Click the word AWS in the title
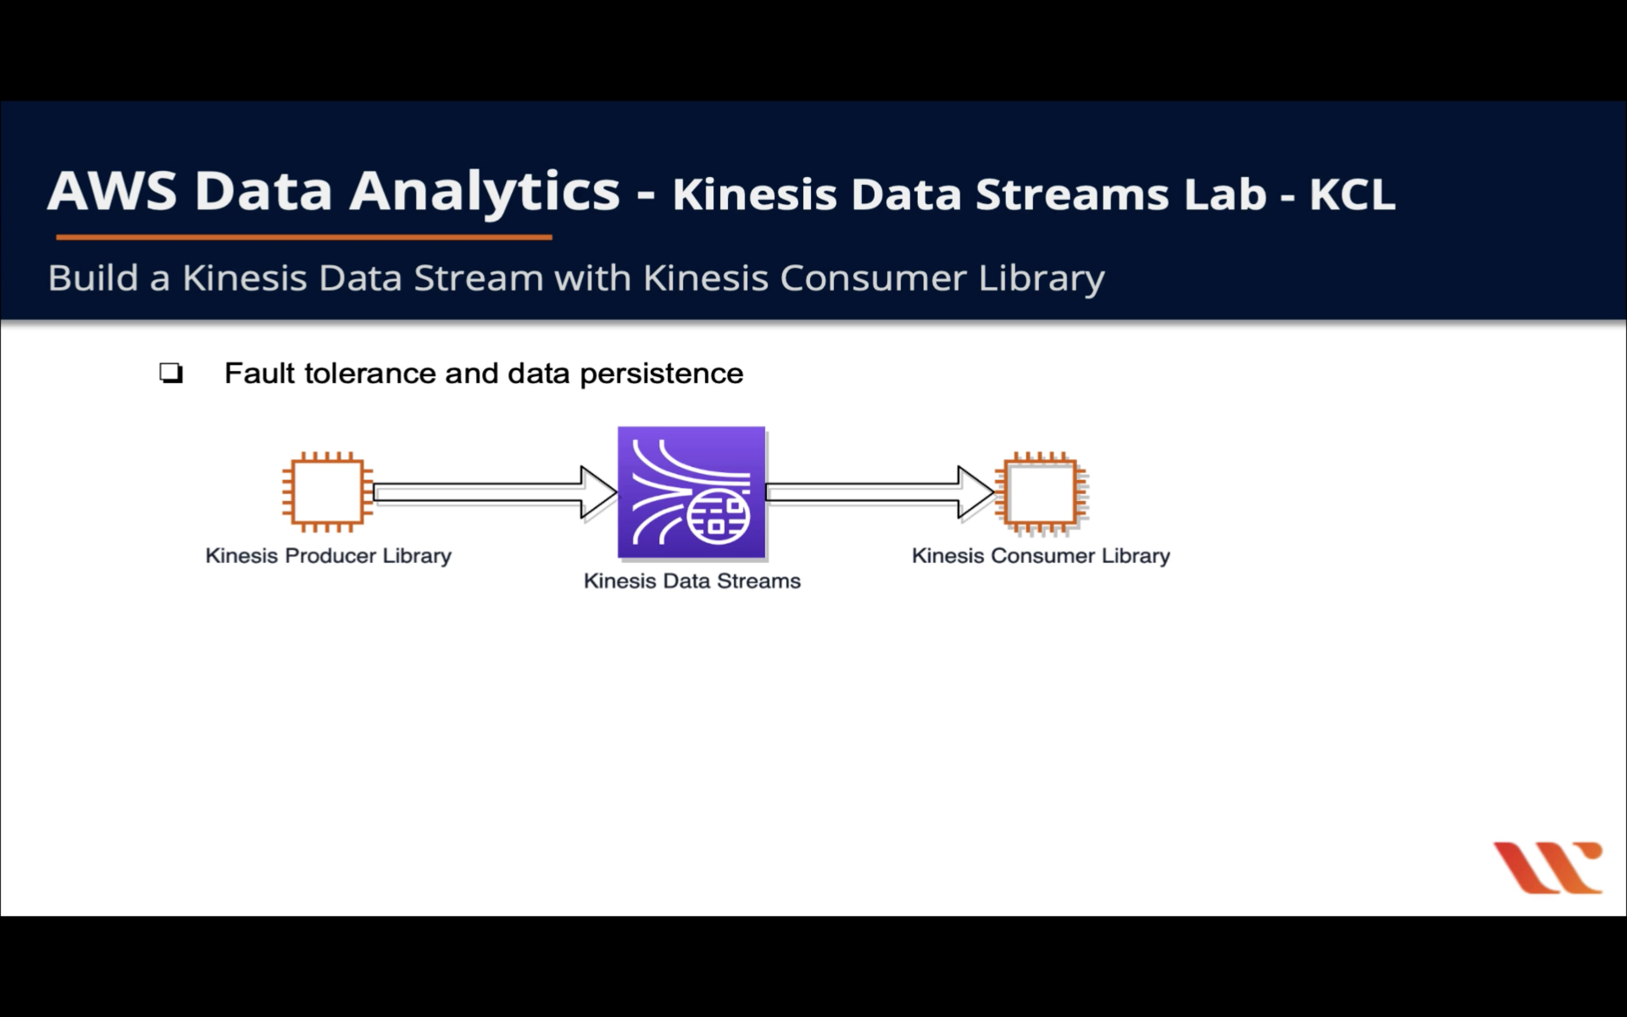(x=112, y=192)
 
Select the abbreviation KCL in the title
(x=1351, y=195)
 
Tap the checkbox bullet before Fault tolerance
(x=171, y=373)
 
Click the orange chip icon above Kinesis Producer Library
(x=327, y=492)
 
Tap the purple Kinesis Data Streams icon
(x=691, y=492)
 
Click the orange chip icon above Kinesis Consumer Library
(x=1041, y=494)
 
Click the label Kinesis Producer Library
(x=328, y=556)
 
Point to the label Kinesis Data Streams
(x=692, y=581)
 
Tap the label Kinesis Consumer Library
(x=1041, y=556)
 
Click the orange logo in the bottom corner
(x=1547, y=868)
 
